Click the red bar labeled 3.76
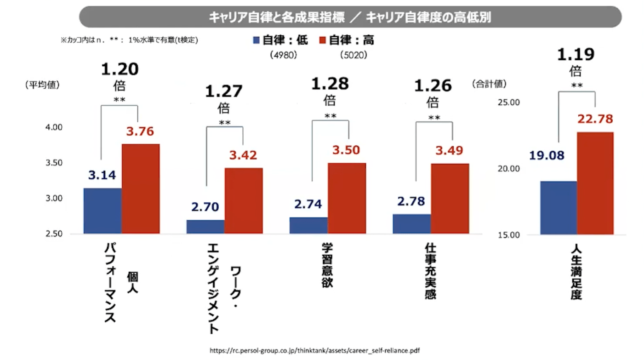point(141,189)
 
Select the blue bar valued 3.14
point(103,211)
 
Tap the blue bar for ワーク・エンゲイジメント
point(205,227)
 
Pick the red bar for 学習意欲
point(347,199)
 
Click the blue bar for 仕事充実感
point(412,224)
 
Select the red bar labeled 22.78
point(595,183)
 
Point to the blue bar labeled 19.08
point(559,208)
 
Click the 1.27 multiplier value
point(223,91)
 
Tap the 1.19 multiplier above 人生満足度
point(576,55)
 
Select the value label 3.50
point(347,150)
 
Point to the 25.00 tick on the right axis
point(508,102)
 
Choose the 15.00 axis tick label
point(508,235)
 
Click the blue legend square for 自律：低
point(256,40)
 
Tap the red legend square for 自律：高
point(323,40)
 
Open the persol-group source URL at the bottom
point(315,350)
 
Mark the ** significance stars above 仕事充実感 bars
point(434,118)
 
